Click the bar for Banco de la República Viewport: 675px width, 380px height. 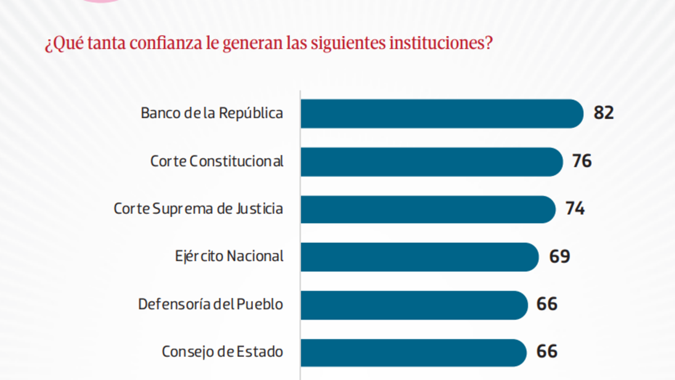click(442, 114)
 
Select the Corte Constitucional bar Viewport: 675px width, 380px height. click(431, 162)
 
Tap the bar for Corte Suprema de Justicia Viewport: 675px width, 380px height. click(427, 209)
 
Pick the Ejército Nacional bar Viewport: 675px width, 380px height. click(419, 257)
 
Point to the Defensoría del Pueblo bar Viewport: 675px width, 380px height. click(414, 305)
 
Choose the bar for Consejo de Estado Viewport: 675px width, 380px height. click(413, 352)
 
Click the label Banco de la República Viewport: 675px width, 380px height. click(211, 114)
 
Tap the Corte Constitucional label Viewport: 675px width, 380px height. click(217, 162)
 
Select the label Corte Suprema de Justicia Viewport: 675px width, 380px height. click(198, 209)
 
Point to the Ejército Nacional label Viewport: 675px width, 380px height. click(228, 257)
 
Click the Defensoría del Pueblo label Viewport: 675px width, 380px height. click(210, 305)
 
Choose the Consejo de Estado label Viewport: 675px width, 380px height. click(222, 352)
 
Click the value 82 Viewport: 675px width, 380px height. click(604, 113)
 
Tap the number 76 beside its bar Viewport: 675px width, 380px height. click(582, 162)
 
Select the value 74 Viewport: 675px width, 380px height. click(575, 209)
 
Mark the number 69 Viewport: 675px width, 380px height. click(560, 257)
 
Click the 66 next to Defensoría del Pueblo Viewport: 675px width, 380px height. click(547, 305)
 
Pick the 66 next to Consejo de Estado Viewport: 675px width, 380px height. click(547, 352)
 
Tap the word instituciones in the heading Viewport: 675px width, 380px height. click(435, 44)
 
